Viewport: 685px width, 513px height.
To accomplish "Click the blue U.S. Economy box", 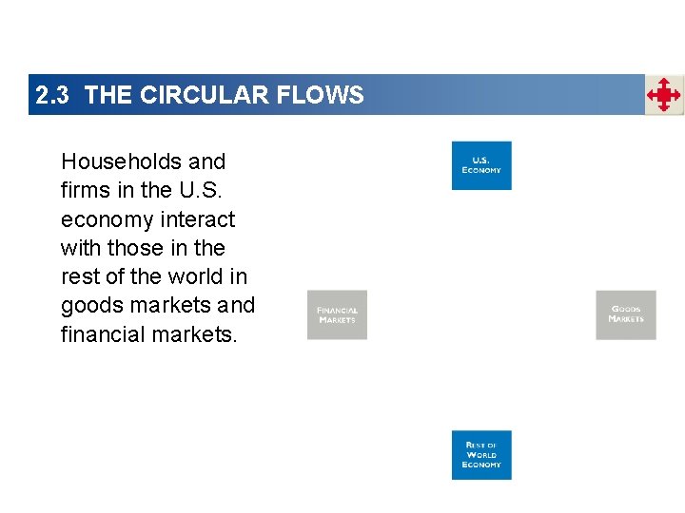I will tap(481, 165).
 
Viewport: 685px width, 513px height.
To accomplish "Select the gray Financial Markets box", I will tap(337, 314).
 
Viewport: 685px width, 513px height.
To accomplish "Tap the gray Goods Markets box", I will tap(625, 314).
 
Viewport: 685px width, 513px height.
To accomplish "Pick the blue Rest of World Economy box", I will tap(481, 455).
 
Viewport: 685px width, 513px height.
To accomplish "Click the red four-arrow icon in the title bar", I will tap(664, 95).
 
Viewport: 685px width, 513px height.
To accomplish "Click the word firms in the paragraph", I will tap(82, 190).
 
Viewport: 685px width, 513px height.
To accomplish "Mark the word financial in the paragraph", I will tap(100, 334).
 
